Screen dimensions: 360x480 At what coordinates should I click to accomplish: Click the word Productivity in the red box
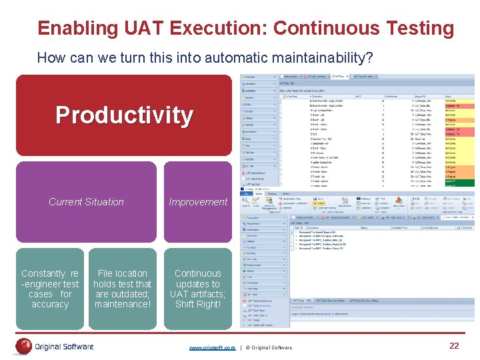click(124, 115)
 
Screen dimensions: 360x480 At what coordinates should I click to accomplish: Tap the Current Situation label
click(86, 202)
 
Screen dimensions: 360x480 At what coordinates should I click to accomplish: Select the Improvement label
click(198, 202)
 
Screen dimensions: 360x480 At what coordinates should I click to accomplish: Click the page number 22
click(454, 345)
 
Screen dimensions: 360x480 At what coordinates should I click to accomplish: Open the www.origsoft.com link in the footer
click(212, 347)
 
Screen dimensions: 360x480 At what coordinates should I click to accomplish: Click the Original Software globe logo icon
click(24, 346)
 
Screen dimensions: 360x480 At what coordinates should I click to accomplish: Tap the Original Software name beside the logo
click(64, 347)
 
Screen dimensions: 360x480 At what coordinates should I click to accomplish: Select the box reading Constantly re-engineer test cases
click(50, 289)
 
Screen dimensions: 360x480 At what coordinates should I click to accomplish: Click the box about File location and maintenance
click(123, 289)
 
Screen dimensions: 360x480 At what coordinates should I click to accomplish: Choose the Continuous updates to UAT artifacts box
click(197, 289)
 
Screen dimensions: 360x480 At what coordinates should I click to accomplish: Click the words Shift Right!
click(197, 305)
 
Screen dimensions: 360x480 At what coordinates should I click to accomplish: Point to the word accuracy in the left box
click(50, 305)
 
